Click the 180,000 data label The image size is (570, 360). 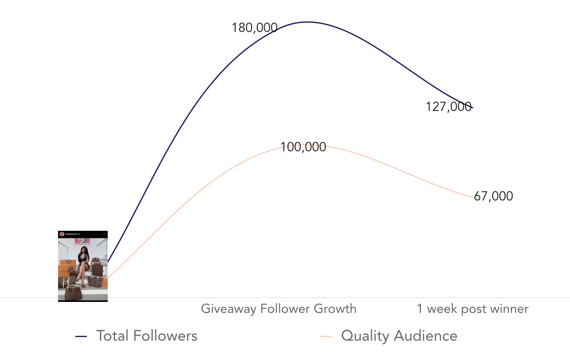click(254, 28)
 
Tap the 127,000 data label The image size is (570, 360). click(448, 107)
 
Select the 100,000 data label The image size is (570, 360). click(303, 147)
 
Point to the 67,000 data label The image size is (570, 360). click(493, 196)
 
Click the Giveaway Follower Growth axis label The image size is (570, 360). click(279, 309)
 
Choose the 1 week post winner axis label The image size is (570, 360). click(473, 309)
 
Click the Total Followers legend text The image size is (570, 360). click(147, 336)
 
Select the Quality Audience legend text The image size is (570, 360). click(399, 336)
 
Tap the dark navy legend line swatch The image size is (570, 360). click(81, 336)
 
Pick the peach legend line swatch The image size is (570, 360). click(326, 336)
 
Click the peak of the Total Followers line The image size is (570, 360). click(307, 22)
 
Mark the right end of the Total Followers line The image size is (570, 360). click(472, 108)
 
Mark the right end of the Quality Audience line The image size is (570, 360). click(473, 197)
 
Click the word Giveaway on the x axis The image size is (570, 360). click(222, 309)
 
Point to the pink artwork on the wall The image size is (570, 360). click(82, 241)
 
